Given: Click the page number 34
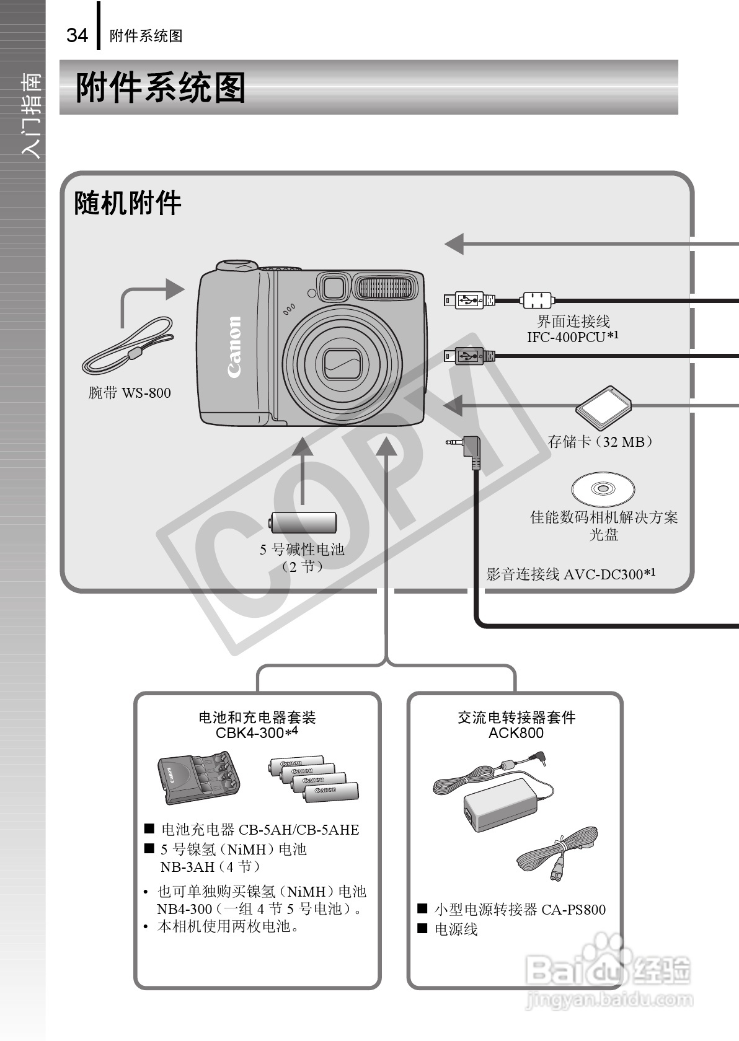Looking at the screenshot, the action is coord(77,35).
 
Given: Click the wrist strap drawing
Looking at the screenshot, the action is coord(128,346).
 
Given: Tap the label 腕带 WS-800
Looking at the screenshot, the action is coord(130,393).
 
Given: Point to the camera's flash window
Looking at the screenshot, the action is coord(384,288).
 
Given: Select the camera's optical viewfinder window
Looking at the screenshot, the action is coord(333,288).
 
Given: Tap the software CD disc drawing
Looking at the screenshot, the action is coord(603,489).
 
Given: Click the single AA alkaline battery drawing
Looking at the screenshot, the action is coord(303,523).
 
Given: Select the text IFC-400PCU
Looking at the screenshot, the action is coord(565,337).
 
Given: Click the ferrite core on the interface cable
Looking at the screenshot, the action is coord(537,300).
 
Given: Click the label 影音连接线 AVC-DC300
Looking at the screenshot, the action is coord(570,574).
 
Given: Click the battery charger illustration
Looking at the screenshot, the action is coord(198,778).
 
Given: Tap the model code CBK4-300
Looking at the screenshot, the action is coord(250,733).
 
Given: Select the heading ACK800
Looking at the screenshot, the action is coord(516,734).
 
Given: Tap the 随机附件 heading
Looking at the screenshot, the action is coord(128,203).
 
